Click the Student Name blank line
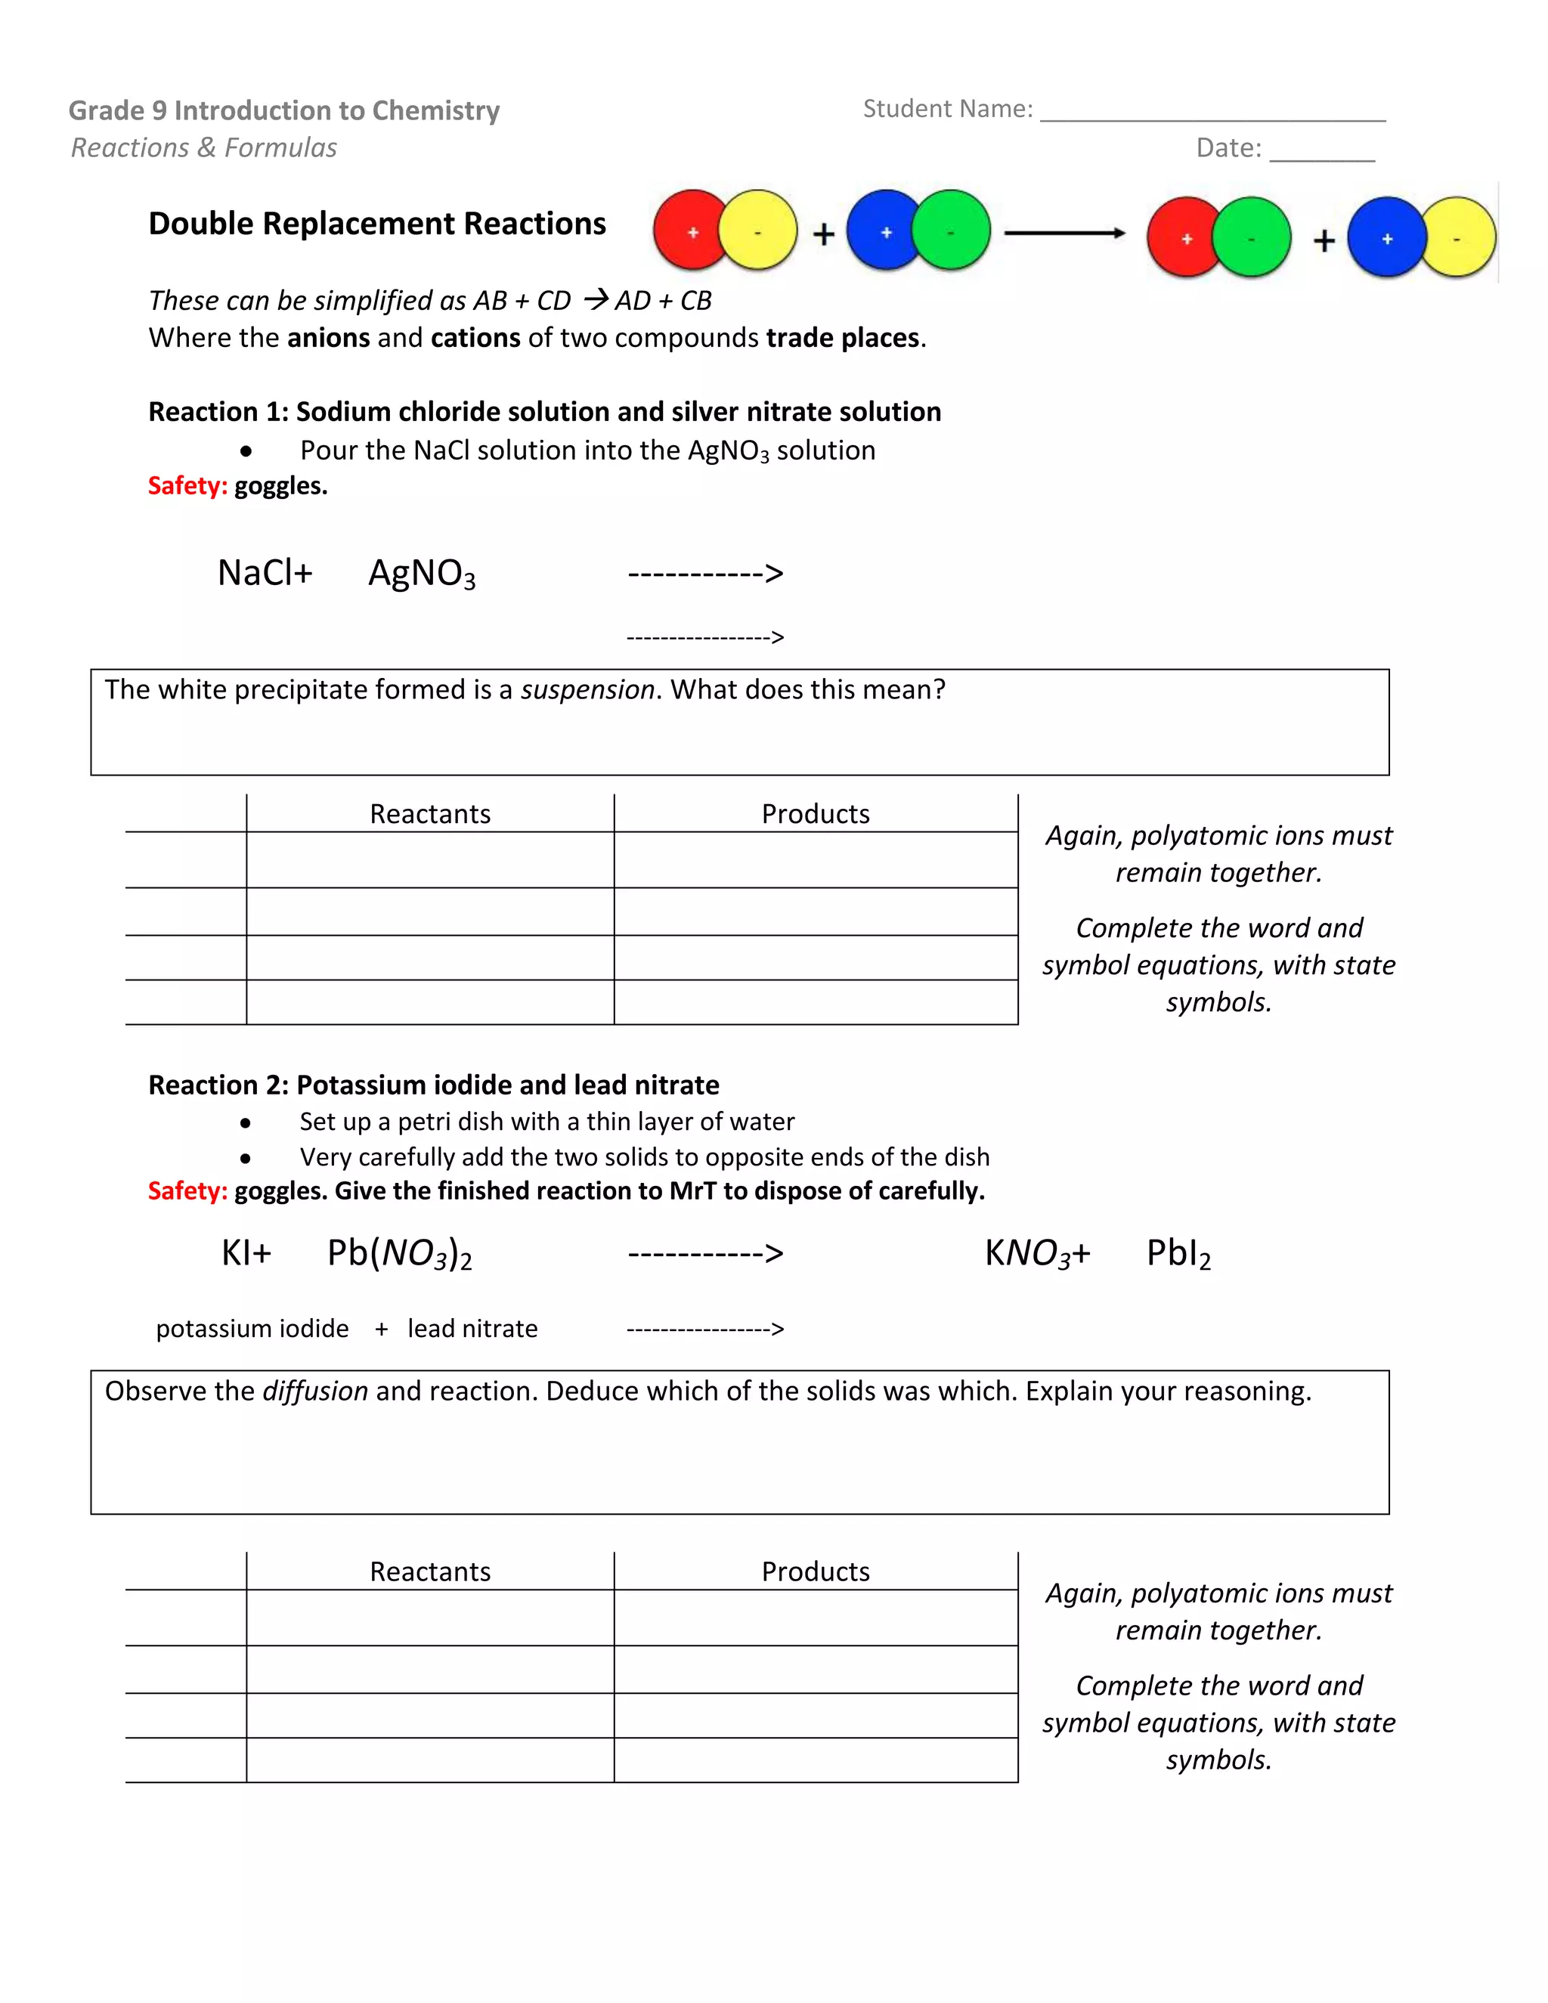(x=1212, y=116)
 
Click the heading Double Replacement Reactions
(x=377, y=224)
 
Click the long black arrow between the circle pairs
(x=1063, y=233)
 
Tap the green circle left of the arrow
(x=952, y=231)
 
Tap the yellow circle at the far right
(x=1458, y=237)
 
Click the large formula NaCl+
(x=265, y=573)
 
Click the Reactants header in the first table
(x=430, y=814)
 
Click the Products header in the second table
(x=816, y=1572)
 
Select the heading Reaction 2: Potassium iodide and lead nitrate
(x=434, y=1085)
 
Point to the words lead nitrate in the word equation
(x=472, y=1329)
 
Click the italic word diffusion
(x=315, y=1392)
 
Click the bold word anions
(x=328, y=339)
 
